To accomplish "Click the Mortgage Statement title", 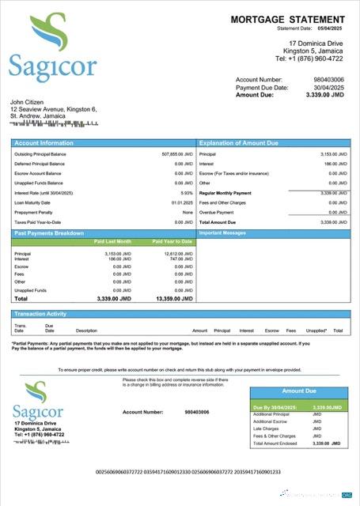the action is (x=287, y=19).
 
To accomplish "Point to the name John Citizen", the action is (x=28, y=102).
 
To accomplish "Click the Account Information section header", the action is (x=44, y=143).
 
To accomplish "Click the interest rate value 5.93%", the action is (x=186, y=192).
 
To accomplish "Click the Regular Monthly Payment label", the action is (x=225, y=192).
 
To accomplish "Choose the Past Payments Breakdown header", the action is (x=49, y=233).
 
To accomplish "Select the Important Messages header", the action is (x=222, y=233).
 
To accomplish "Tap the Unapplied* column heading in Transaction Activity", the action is (x=316, y=330).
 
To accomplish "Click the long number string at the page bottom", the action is (x=188, y=472).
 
